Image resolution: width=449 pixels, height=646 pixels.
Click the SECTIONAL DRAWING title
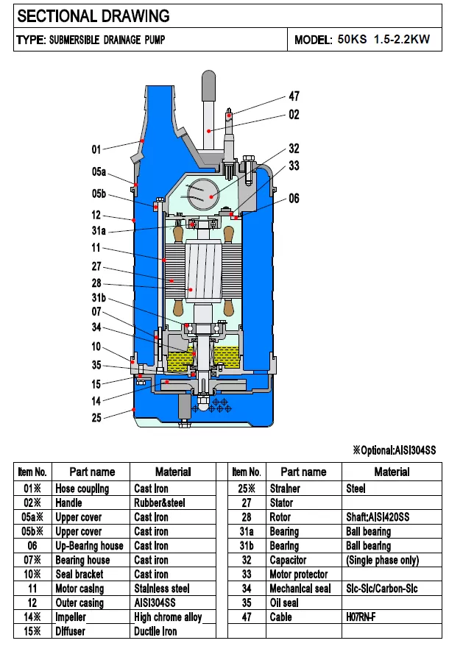(93, 15)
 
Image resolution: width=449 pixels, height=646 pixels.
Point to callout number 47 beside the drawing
(294, 96)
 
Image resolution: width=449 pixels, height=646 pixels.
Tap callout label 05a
(99, 172)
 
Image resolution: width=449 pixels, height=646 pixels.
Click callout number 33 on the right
(294, 167)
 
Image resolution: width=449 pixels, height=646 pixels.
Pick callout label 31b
(99, 298)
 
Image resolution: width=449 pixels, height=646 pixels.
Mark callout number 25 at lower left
(96, 418)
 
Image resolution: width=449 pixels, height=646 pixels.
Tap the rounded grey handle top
(209, 82)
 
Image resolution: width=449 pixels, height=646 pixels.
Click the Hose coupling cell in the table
(82, 489)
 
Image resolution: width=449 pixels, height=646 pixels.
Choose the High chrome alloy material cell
(168, 617)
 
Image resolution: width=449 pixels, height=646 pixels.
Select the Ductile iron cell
(155, 631)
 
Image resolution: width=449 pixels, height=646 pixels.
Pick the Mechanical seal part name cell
(302, 589)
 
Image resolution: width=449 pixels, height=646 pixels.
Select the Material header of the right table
(392, 472)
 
